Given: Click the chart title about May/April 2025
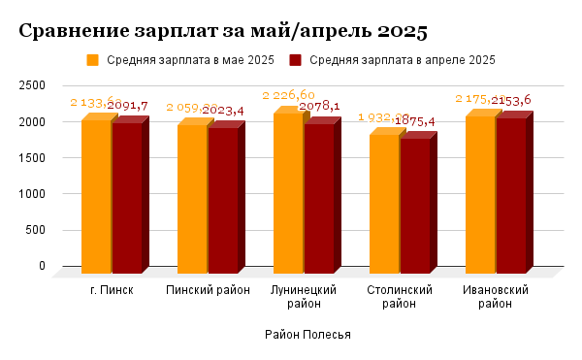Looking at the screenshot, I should coord(223,31).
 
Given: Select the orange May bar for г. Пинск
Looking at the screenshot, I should coord(95,194).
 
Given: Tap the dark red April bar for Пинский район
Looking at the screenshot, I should coord(222,200).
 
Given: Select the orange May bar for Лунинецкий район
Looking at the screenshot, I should coord(287,191).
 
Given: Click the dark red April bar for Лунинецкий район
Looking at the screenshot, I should coord(318,198).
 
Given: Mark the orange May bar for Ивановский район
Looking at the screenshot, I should coord(479,193).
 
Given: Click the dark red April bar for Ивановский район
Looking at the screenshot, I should coord(510,194).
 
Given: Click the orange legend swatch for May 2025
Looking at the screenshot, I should coord(94,60).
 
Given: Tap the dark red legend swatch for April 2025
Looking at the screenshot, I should coord(296,60).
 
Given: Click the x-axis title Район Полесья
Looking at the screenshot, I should coord(307,335).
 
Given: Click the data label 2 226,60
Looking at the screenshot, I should coord(288,94).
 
